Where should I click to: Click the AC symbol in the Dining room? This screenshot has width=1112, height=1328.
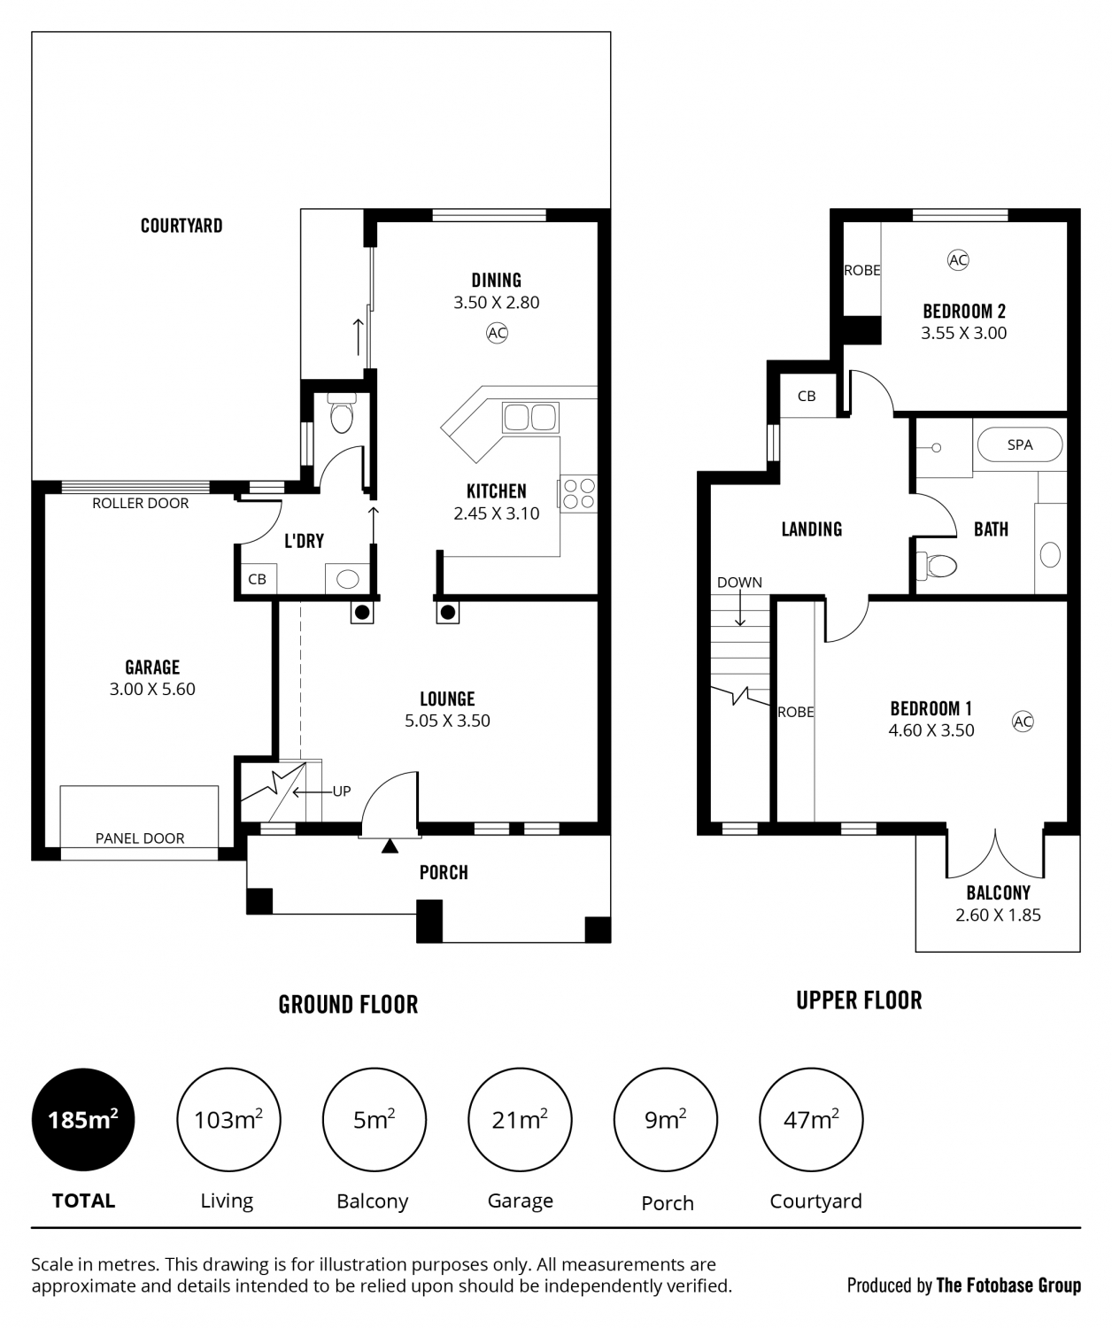497,333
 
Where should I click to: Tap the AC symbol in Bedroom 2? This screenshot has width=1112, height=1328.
958,259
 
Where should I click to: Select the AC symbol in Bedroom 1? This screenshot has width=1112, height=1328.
1023,722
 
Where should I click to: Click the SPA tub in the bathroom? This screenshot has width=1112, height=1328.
1020,444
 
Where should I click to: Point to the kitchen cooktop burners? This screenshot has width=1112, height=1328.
579,494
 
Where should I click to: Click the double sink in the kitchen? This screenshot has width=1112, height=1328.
530,418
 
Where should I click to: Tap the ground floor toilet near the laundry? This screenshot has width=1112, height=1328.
342,413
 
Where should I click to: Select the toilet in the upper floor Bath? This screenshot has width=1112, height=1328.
937,566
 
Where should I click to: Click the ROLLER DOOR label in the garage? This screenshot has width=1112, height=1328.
141,503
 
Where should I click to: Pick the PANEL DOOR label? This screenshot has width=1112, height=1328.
140,838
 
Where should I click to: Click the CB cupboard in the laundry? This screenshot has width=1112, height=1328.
257,579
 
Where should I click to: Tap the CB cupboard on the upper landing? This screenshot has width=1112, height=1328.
807,396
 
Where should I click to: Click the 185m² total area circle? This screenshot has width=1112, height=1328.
83,1119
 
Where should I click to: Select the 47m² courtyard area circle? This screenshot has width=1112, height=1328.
811,1119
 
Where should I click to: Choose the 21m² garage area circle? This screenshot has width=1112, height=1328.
520,1119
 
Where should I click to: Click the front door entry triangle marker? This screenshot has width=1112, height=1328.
390,845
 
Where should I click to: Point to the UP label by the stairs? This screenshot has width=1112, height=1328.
342,791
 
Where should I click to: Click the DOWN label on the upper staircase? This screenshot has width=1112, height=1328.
739,582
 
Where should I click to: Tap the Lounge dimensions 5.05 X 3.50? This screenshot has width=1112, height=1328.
447,721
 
